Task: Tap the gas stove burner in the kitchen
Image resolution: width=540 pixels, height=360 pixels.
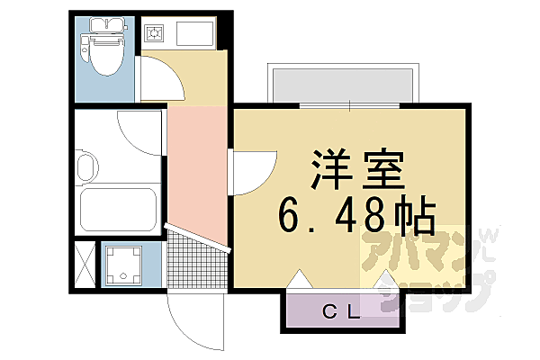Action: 154,35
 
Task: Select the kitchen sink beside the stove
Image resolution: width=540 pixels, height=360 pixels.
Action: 194,35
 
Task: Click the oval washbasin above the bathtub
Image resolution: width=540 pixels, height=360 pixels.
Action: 87,166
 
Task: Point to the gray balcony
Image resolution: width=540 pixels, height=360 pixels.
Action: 342,85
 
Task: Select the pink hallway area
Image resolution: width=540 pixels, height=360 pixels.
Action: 195,171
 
